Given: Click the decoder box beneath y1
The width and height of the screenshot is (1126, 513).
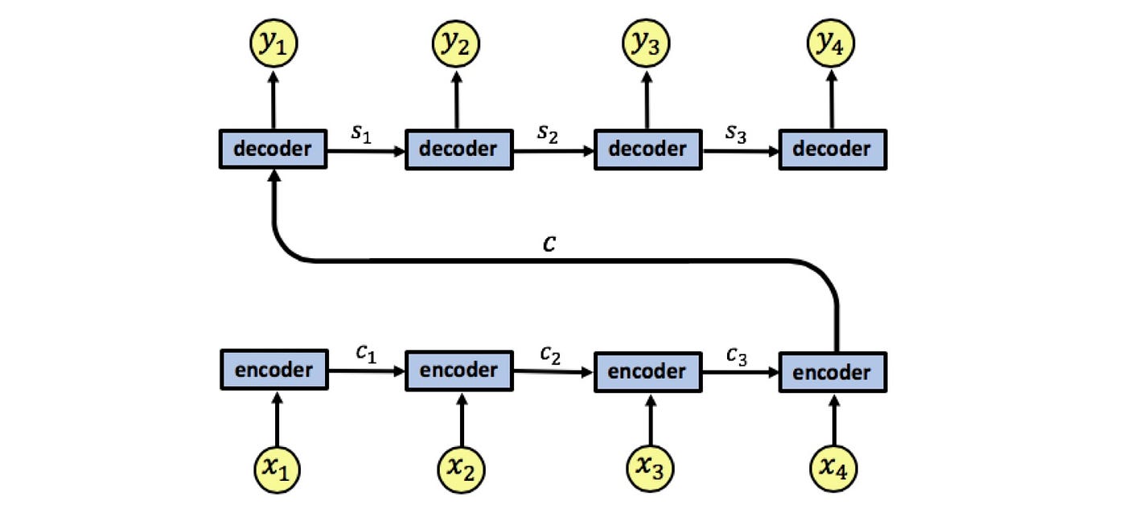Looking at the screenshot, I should (x=273, y=149).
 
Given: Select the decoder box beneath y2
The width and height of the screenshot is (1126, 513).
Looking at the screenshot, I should (x=459, y=150).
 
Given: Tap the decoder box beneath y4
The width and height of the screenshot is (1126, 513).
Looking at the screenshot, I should (x=832, y=150).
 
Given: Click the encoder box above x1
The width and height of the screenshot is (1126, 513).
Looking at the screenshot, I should (x=273, y=371).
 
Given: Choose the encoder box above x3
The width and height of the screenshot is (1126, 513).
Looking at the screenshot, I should (x=647, y=372).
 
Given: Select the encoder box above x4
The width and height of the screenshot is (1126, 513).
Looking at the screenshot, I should (x=832, y=373).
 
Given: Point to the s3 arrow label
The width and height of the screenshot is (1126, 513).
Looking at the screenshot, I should (x=738, y=134).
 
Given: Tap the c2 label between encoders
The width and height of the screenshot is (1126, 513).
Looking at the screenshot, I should (x=551, y=355).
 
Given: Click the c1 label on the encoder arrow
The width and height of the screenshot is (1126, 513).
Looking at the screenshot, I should (x=365, y=355).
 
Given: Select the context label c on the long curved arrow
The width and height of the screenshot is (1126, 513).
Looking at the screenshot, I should (x=549, y=243).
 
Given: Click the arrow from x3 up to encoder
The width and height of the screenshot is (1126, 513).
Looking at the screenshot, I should (x=648, y=418).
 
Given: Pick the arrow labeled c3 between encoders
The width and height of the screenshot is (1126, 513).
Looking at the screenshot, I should (x=740, y=372).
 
